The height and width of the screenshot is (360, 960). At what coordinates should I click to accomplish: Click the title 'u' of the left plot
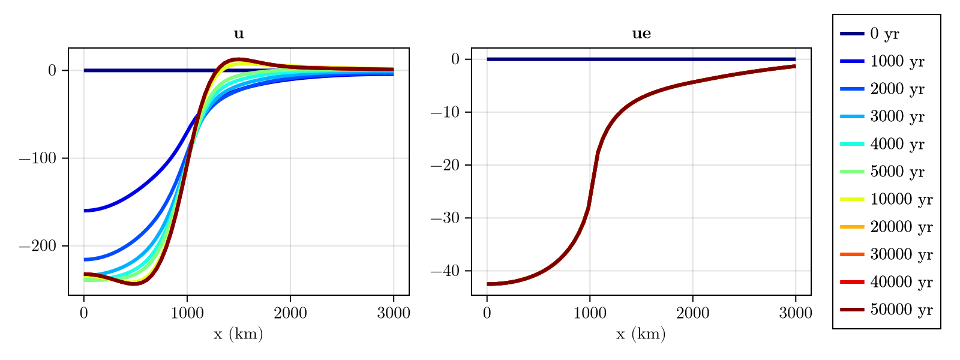point(239,34)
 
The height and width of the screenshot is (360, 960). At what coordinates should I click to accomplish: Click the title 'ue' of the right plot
point(641,34)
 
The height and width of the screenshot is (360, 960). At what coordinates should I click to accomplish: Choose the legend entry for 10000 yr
point(901,200)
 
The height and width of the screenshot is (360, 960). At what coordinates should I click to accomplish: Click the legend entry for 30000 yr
point(901,255)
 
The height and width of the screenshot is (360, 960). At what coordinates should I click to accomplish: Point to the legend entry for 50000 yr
point(901,310)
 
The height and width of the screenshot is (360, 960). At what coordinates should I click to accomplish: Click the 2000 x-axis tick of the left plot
point(290,313)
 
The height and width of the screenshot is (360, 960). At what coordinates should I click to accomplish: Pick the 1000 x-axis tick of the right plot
point(590,313)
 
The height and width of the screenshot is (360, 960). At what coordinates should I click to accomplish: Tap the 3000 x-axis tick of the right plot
point(796,313)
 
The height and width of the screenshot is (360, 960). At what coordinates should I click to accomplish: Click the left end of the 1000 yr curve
point(85,211)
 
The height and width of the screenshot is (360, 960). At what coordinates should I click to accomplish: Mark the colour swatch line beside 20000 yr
point(851,227)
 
